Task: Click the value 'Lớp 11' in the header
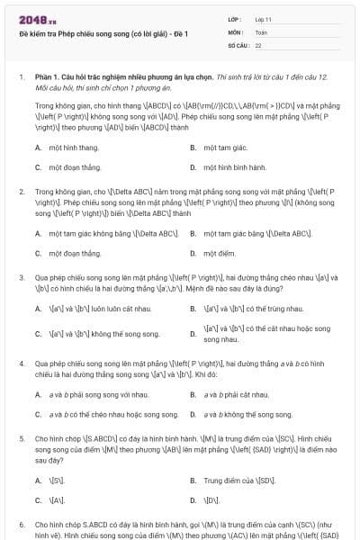tap(263, 19)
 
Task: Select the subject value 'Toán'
tap(261, 31)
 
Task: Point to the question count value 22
tap(258, 44)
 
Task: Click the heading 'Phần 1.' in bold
tap(46, 77)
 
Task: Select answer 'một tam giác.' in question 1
tap(224, 148)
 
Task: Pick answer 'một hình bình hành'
tap(235, 167)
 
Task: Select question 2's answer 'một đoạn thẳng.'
tap(73, 254)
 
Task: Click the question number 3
tap(22, 278)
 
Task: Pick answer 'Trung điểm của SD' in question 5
tap(238, 481)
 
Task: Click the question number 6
tap(22, 523)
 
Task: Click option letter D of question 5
tap(193, 499)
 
